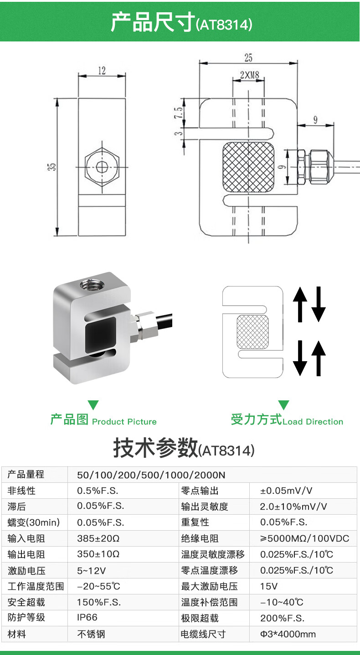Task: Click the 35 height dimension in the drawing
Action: click(53, 167)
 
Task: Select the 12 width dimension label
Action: click(101, 71)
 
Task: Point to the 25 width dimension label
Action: click(248, 57)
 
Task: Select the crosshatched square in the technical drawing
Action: click(248, 167)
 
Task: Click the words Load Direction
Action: click(313, 422)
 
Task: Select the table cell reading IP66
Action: click(87, 618)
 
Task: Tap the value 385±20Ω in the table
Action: click(98, 538)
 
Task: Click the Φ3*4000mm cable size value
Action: click(288, 634)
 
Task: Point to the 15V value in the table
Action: click(268, 586)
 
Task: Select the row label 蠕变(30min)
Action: click(34, 522)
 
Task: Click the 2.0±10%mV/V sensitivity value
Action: click(293, 507)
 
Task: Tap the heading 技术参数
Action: click(155, 448)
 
